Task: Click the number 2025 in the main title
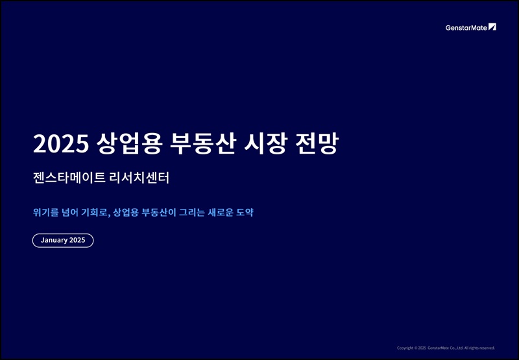click(x=61, y=144)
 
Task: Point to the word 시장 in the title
click(x=265, y=144)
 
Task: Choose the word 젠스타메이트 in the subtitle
click(x=69, y=178)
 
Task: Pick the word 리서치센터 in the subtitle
click(x=139, y=178)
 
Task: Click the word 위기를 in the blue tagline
click(x=45, y=212)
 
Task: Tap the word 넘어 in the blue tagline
click(x=70, y=212)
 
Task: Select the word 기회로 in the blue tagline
click(x=95, y=212)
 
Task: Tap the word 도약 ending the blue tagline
click(x=245, y=212)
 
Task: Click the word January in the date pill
click(x=54, y=240)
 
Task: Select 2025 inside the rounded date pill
click(x=77, y=240)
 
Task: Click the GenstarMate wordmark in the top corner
click(x=466, y=28)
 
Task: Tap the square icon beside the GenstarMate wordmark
click(x=492, y=27)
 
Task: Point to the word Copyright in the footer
click(x=405, y=348)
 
